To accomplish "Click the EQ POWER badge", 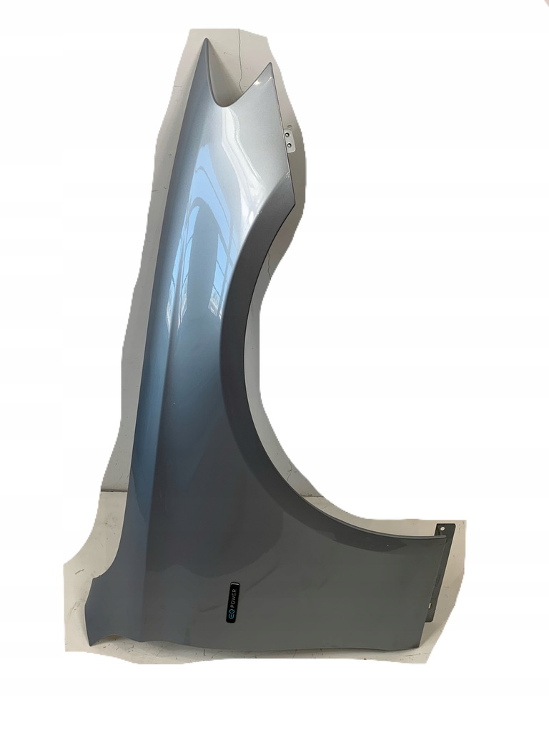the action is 232,603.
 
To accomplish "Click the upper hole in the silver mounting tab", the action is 287,134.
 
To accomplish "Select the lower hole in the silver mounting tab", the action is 291,146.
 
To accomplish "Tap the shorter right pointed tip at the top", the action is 269,64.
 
